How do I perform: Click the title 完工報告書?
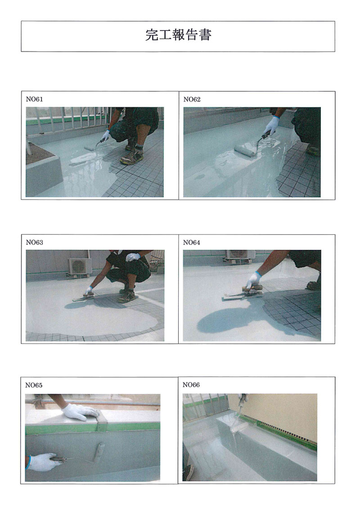coord(178,35)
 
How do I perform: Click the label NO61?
coord(34,99)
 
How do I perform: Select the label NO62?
coord(192,99)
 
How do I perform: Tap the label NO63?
coord(34,243)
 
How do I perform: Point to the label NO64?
coord(192,243)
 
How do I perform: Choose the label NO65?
coord(34,385)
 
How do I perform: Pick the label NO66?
coord(191,385)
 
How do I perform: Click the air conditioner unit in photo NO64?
coord(241,254)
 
